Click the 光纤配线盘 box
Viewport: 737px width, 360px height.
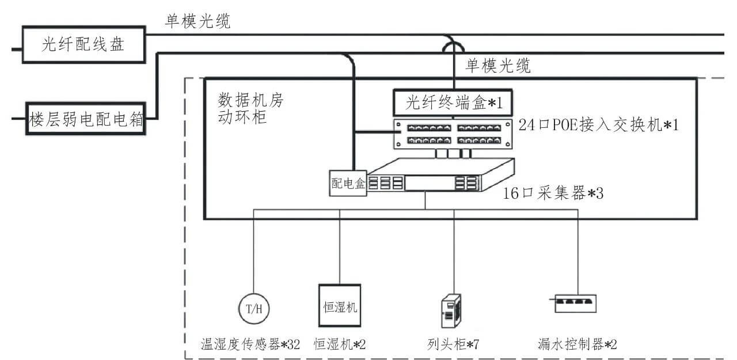point(83,44)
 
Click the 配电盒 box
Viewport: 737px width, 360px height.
point(348,183)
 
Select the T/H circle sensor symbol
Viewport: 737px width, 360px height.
point(254,308)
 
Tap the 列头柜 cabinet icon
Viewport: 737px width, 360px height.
point(450,312)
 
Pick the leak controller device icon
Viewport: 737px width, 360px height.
point(576,303)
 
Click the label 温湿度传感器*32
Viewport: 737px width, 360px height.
point(250,344)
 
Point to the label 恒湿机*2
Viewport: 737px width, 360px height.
point(340,344)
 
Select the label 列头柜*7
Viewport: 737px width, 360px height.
point(450,344)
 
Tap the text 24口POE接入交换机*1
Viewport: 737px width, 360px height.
point(599,124)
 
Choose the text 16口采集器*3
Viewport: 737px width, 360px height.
point(553,192)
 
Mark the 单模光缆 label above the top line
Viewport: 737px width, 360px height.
point(197,21)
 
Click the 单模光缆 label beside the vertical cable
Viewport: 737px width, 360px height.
point(498,66)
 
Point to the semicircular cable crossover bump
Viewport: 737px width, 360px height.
point(453,45)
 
